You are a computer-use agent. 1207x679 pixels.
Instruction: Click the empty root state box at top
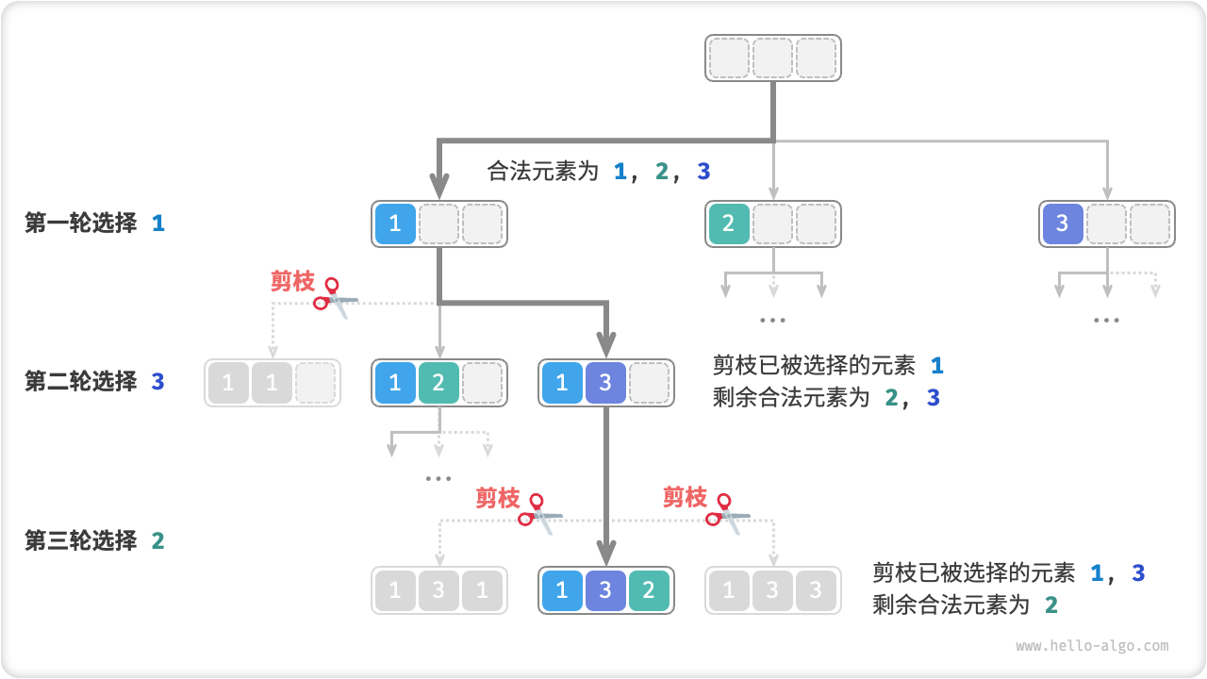(x=772, y=58)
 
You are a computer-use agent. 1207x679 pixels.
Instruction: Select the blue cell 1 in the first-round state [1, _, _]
(x=395, y=224)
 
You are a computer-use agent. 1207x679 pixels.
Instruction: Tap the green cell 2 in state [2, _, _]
(x=728, y=224)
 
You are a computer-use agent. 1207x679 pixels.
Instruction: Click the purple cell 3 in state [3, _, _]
(x=1062, y=224)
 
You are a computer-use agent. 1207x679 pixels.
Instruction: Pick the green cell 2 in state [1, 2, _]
(x=438, y=383)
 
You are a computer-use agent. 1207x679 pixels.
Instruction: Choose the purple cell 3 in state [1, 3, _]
(x=605, y=383)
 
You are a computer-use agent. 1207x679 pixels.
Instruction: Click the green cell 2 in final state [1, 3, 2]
(x=649, y=590)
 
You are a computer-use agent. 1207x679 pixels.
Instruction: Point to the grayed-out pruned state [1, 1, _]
(x=273, y=383)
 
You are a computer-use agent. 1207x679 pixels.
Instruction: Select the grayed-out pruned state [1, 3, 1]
(x=438, y=590)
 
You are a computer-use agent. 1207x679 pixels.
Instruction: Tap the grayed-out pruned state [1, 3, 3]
(x=772, y=590)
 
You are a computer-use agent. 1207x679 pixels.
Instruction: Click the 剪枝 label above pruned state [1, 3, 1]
(x=497, y=497)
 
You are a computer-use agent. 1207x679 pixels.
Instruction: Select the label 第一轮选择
(x=81, y=224)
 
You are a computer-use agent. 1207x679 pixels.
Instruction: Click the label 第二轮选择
(x=81, y=382)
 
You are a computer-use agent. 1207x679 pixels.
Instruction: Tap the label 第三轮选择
(x=81, y=540)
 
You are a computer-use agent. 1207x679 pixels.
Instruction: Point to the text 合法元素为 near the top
(x=543, y=171)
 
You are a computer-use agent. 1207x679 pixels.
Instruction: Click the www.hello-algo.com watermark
(x=1092, y=646)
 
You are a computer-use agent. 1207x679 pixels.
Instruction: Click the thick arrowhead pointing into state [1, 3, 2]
(x=605, y=551)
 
